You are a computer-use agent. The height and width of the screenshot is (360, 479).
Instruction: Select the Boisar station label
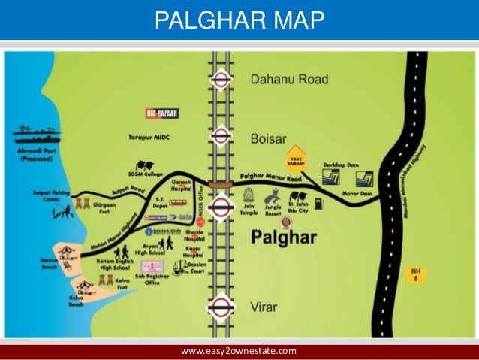(270, 137)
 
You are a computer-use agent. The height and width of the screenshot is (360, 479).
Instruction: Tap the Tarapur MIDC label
(176, 138)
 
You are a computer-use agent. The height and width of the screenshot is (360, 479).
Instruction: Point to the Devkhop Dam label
(339, 162)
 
